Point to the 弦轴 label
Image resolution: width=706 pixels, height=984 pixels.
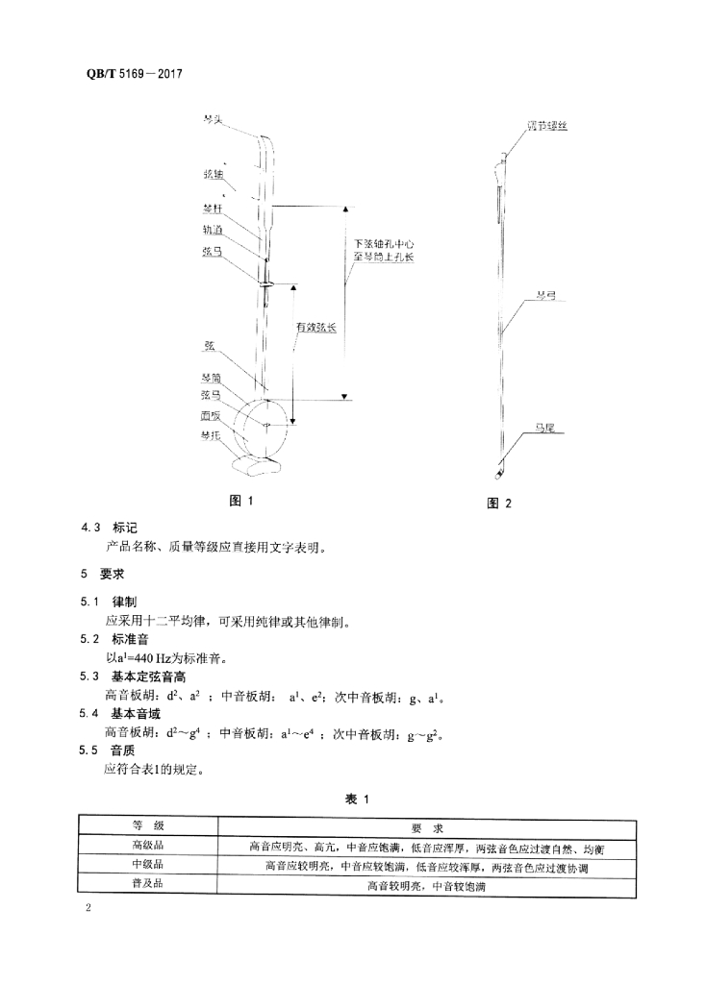(212, 175)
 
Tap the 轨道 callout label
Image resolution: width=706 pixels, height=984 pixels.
(212, 231)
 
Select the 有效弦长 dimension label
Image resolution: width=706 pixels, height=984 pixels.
(316, 328)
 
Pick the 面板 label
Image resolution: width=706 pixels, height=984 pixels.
(211, 416)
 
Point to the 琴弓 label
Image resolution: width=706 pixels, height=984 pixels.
(545, 298)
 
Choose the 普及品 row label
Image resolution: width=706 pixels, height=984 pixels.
(148, 886)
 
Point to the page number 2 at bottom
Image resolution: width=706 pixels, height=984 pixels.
(88, 909)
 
